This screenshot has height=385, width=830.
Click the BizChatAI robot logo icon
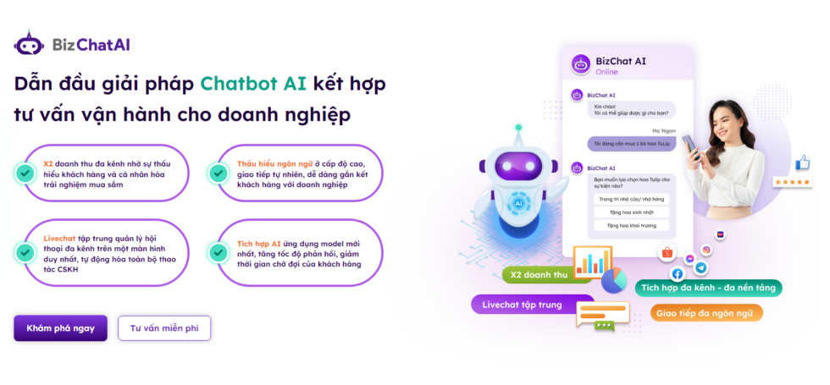pyautogui.click(x=29, y=43)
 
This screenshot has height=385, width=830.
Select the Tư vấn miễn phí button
pyautogui.click(x=164, y=328)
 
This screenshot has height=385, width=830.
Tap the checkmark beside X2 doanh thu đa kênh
pyautogui.click(x=25, y=173)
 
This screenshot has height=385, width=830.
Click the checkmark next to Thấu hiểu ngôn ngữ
pyautogui.click(x=219, y=173)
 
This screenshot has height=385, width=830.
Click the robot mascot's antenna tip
pyautogui.click(x=518, y=130)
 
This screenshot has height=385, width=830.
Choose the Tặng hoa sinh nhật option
pyautogui.click(x=631, y=212)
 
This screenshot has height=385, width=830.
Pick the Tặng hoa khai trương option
pyautogui.click(x=631, y=226)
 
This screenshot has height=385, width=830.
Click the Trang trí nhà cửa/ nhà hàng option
pyautogui.click(x=631, y=199)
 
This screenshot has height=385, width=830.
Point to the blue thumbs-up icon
pyautogui.click(x=802, y=162)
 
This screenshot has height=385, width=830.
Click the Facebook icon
pyautogui.click(x=678, y=273)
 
